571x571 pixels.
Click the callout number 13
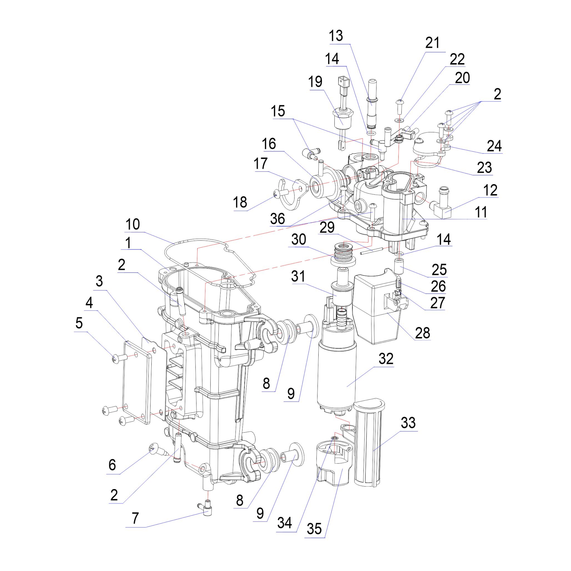coord(336,36)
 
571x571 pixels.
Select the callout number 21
coord(432,43)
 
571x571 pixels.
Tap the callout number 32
coord(386,359)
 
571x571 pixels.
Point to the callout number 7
coord(135,518)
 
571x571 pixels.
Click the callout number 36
coord(277,219)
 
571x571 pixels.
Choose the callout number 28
coord(422,333)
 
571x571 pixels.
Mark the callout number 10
coord(132,225)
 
